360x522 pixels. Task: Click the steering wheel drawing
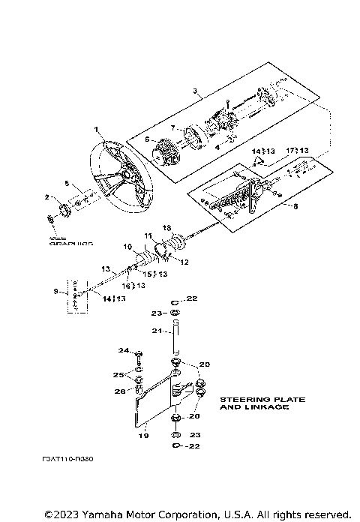coord(119,176)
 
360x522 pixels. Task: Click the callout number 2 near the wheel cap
coord(46,197)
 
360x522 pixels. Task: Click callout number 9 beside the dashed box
coord(56,291)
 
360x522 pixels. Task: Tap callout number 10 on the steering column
coord(127,247)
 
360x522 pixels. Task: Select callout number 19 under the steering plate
coord(145,434)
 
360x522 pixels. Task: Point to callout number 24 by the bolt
coord(122,350)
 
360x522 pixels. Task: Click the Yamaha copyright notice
coord(197,514)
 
